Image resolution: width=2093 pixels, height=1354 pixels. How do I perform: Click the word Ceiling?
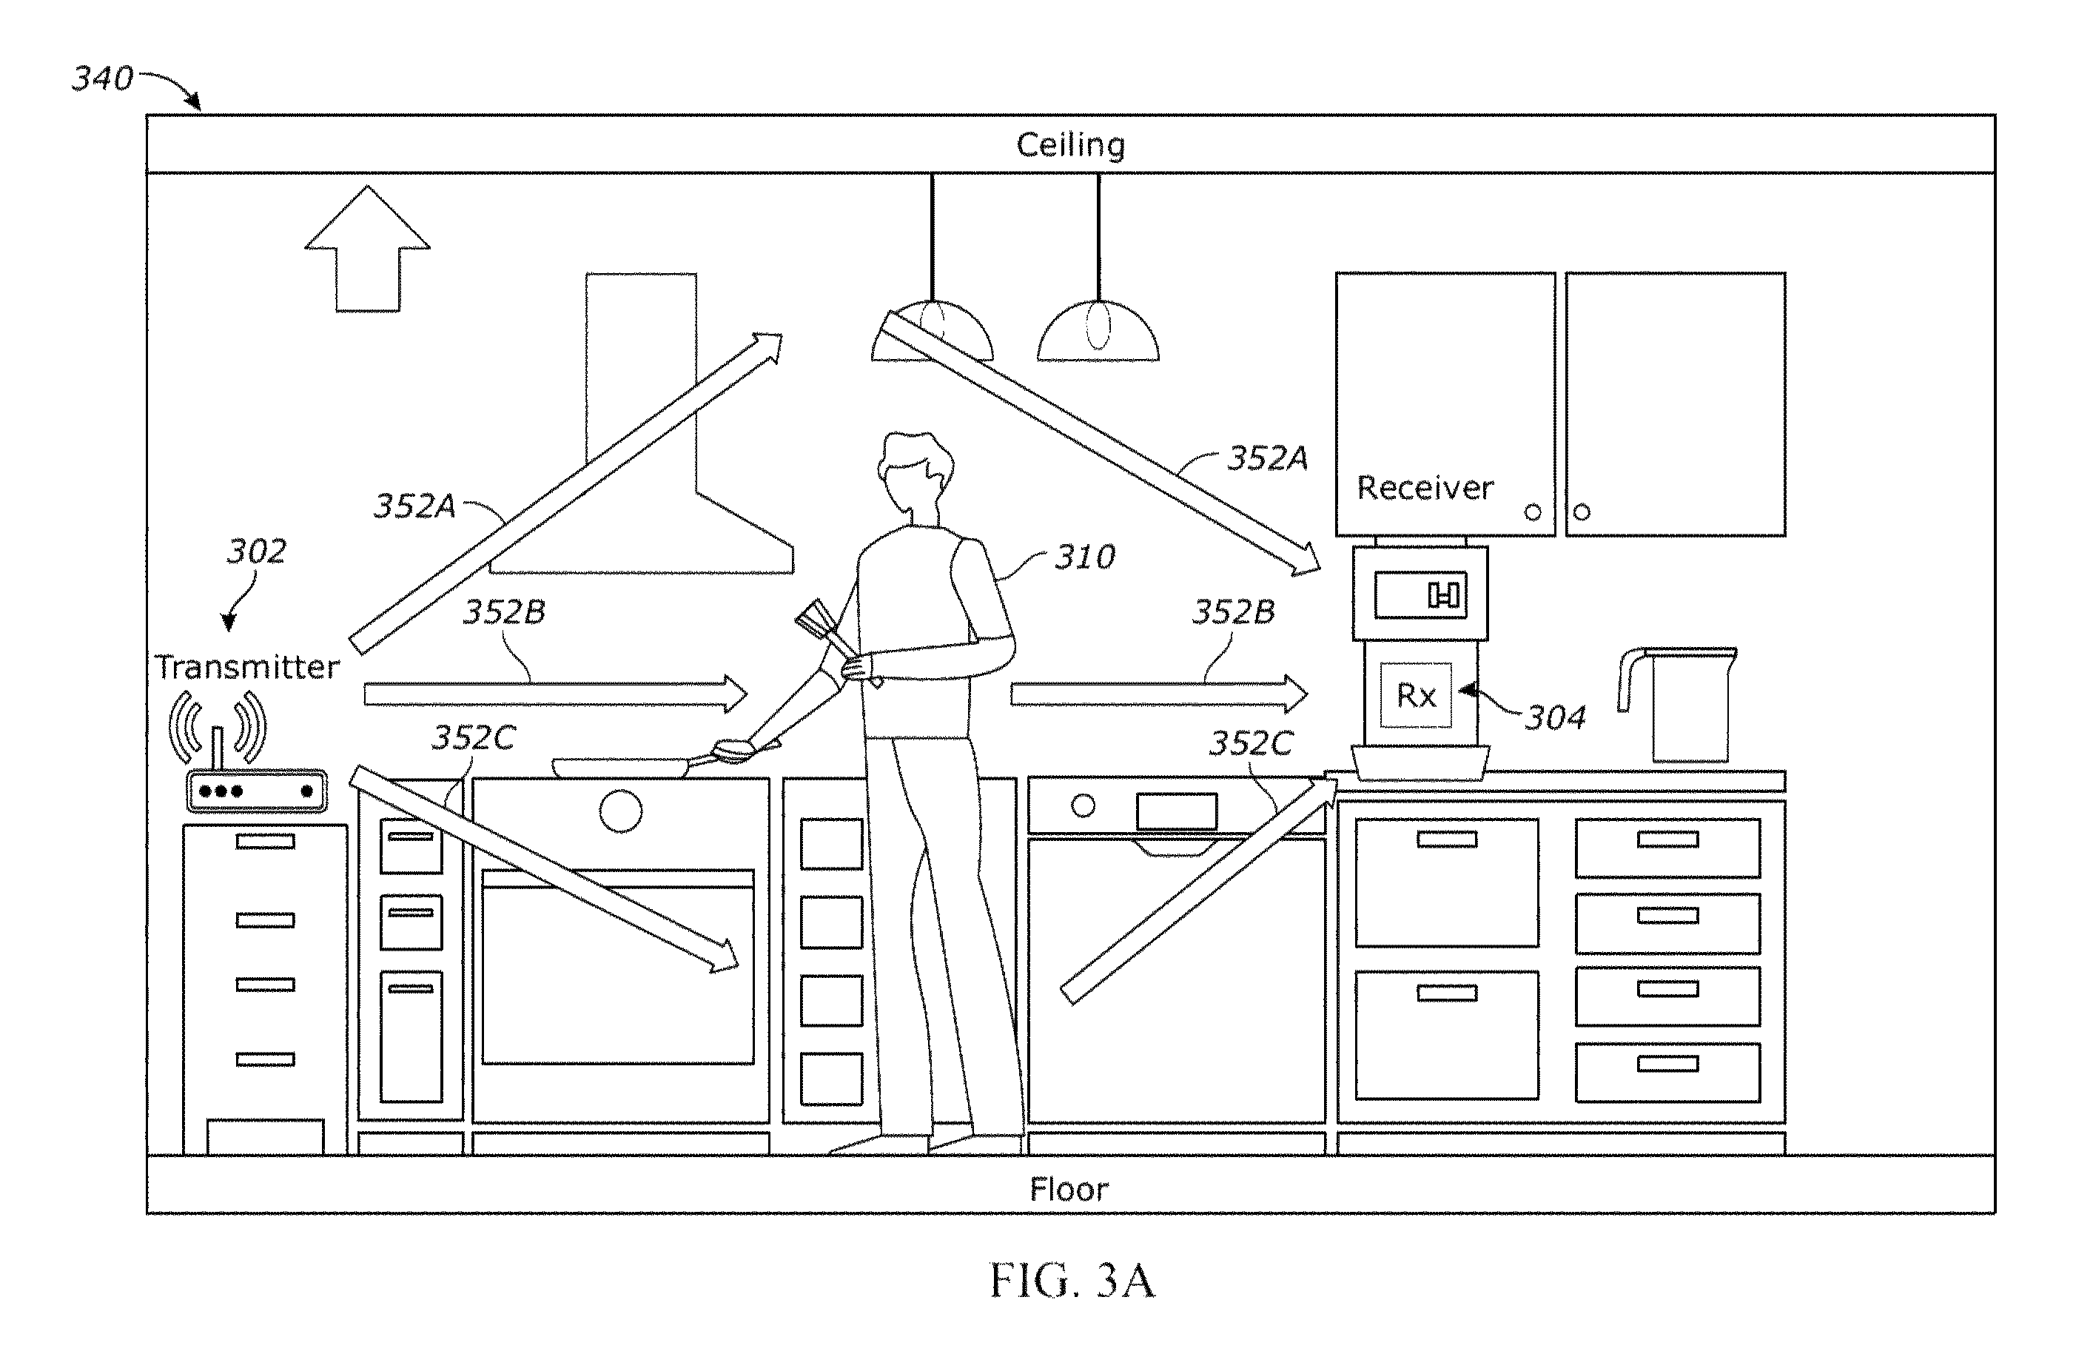tap(1069, 145)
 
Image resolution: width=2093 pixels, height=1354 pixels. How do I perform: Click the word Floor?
tap(1069, 1190)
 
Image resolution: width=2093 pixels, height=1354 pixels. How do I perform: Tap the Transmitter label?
tap(247, 667)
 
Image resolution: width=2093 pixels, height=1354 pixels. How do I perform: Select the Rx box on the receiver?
tap(1415, 695)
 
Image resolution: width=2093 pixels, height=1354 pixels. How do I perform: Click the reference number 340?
tap(102, 78)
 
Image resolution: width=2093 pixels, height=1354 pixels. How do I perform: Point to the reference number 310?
tap(1085, 557)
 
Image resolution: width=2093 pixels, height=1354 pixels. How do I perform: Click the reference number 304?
tap(1555, 717)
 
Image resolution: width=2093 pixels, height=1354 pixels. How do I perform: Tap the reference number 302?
tap(256, 552)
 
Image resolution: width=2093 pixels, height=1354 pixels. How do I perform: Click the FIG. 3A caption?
tap(1072, 1280)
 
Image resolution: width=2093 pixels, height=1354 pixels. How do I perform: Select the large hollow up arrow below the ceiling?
tap(367, 249)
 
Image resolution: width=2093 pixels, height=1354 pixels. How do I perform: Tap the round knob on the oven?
tap(621, 811)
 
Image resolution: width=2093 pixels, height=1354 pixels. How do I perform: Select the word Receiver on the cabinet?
tap(1425, 487)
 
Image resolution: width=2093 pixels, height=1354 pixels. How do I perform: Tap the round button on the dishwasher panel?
tap(1083, 805)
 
